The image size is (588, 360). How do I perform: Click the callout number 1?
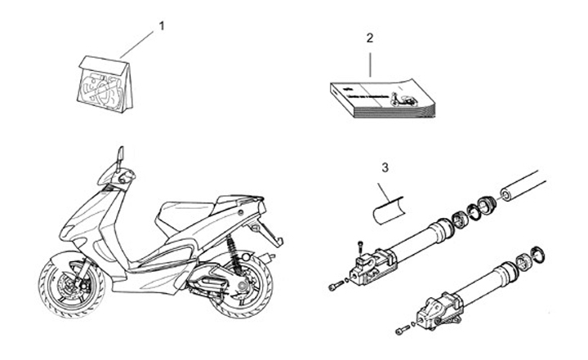pos(161,26)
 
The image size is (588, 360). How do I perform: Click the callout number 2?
pos(370,38)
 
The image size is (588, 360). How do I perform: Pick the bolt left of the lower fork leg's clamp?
pos(403,330)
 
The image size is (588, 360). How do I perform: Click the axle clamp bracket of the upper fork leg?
pos(373,266)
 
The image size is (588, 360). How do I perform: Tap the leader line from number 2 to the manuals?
pos(370,61)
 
